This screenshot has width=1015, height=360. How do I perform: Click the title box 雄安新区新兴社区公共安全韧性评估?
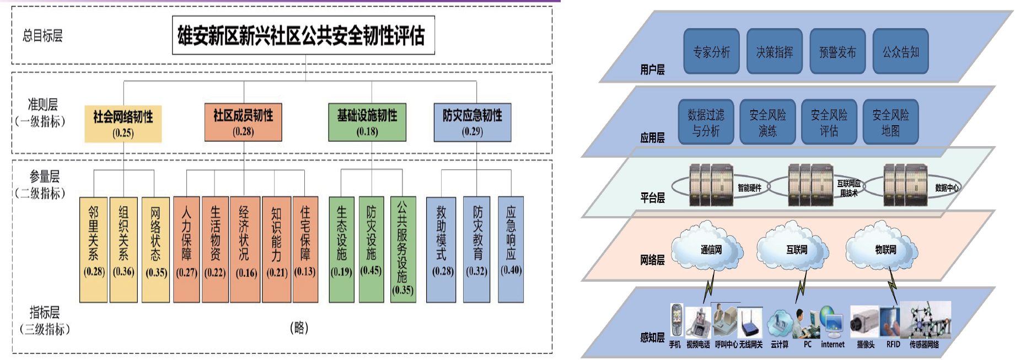pos(303,35)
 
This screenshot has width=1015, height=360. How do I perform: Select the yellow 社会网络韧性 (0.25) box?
pos(123,123)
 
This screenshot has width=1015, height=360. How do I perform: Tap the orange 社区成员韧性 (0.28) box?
pos(243,122)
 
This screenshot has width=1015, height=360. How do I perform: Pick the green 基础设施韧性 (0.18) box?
pos(367,122)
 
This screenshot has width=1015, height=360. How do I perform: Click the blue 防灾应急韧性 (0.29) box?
pos(472,122)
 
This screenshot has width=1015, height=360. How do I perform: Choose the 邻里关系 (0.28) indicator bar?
pos(94,250)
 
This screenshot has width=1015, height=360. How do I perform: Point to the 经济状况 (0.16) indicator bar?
pos(245,250)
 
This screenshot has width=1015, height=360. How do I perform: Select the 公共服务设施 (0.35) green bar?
pos(403,250)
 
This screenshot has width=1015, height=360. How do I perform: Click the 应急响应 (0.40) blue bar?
pos(511,250)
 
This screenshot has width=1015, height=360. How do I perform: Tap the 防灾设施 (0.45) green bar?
pos(372,250)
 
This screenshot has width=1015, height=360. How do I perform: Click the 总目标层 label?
pos(42,36)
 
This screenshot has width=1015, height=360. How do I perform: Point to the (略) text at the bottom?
pos(299,328)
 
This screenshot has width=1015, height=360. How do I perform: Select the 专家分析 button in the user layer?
pos(711,51)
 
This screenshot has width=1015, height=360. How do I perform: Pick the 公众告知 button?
pos(901,51)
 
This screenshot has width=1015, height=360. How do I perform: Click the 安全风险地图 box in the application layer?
pos(890,122)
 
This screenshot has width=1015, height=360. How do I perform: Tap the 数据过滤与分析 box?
pos(706,122)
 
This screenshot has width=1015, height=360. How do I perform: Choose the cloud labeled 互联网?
pos(796,248)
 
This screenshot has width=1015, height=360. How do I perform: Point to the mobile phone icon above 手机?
pos(676,320)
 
